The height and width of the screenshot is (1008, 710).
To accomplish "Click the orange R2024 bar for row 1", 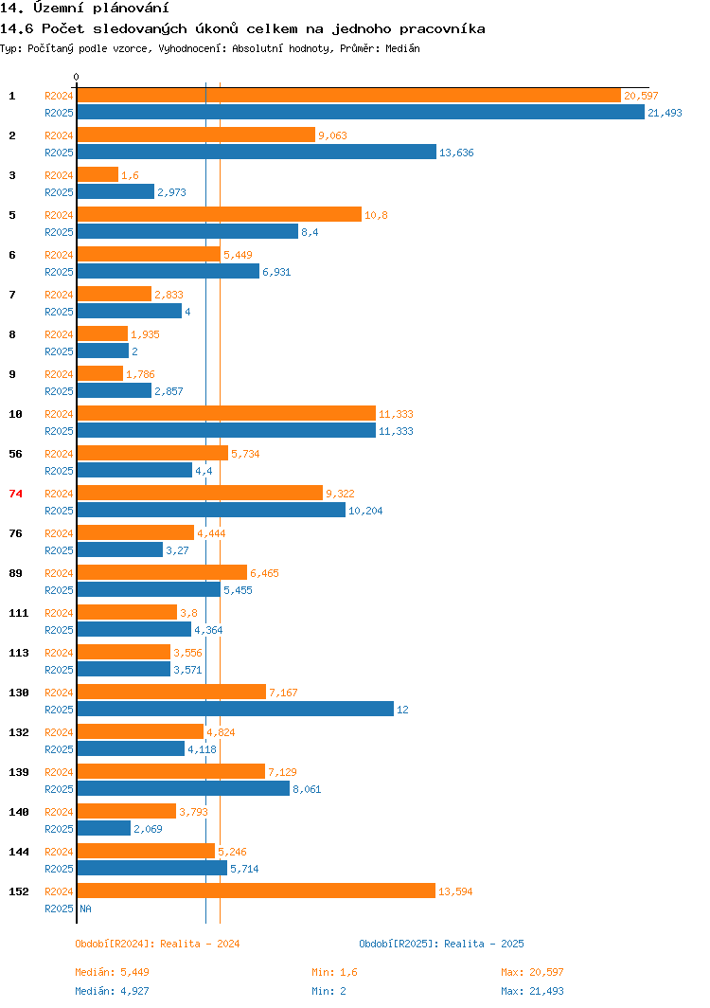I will (x=348, y=96).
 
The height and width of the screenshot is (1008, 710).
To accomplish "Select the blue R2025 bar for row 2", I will (x=257, y=153).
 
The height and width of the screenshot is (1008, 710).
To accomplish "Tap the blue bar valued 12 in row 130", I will (x=235, y=710).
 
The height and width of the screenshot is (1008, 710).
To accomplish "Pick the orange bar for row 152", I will (x=256, y=891).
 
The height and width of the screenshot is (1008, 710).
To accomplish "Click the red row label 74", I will (x=15, y=494).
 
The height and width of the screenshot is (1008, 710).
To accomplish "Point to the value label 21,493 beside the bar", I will (x=665, y=113).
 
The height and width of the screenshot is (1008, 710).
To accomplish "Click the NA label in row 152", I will (x=85, y=909).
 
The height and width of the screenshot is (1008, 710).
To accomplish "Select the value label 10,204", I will (x=365, y=511).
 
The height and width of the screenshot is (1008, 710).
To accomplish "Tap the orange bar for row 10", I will (x=226, y=414).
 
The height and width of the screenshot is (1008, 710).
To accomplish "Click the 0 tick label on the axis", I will (x=77, y=77).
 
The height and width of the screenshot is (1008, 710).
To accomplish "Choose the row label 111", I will (x=19, y=613).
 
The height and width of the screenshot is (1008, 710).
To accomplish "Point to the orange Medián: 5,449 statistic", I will (x=113, y=972).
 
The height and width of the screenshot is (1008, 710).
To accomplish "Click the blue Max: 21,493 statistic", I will (x=532, y=991).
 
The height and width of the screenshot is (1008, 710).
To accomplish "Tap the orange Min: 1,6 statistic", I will (x=334, y=972).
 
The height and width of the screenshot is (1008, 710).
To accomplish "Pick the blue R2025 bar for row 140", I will (x=103, y=829).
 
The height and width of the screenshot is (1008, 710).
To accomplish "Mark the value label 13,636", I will (x=456, y=153).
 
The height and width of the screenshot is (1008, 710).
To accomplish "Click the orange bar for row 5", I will (x=219, y=215).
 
